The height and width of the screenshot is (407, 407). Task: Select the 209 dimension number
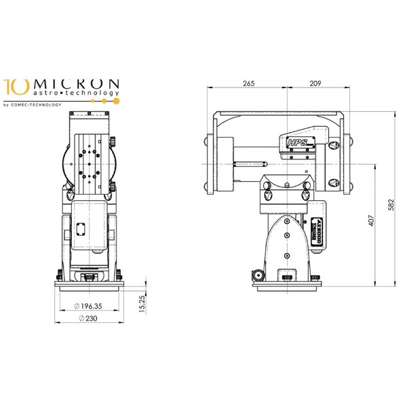[314, 83]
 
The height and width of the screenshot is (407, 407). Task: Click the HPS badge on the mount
[297, 143]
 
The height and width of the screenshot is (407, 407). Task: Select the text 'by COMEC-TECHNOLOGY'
[33, 104]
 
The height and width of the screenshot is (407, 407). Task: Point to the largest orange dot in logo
[116, 101]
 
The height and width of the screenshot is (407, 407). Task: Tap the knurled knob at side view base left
[258, 275]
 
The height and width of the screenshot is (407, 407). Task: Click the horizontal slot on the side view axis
[248, 163]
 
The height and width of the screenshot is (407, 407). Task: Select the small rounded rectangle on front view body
[80, 229]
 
